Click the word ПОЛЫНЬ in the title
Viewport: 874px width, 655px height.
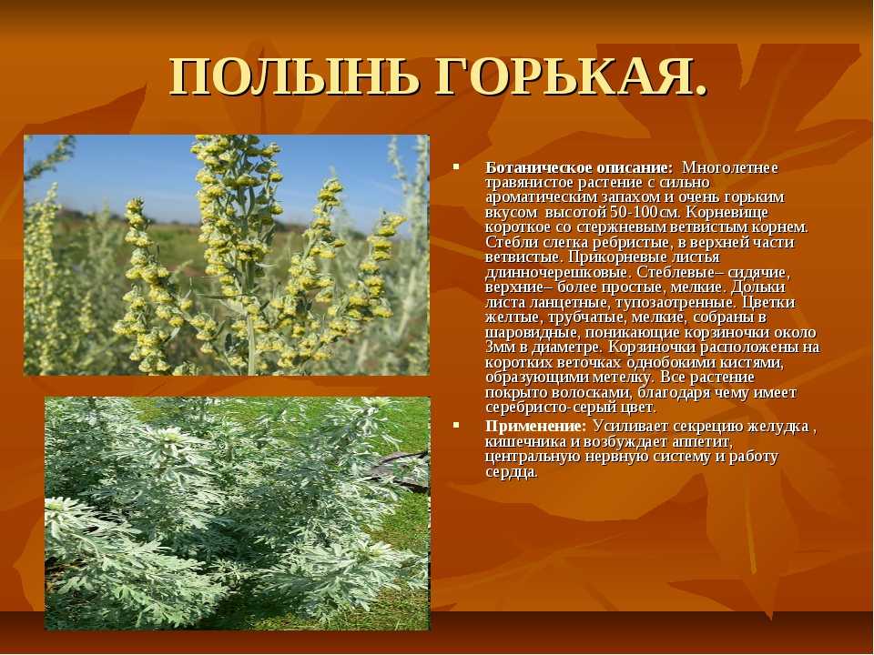(x=295, y=76)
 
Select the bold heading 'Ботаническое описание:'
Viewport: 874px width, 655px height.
(x=579, y=167)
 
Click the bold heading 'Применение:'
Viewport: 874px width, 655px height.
(x=535, y=426)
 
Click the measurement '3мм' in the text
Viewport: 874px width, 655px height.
(x=498, y=348)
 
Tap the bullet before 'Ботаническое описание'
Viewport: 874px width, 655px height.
(x=456, y=166)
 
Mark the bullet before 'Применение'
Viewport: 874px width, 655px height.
(x=456, y=425)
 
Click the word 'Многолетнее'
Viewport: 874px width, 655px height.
(x=729, y=167)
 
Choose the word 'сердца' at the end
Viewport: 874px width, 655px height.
(x=511, y=472)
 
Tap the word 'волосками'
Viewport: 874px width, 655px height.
(x=590, y=393)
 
